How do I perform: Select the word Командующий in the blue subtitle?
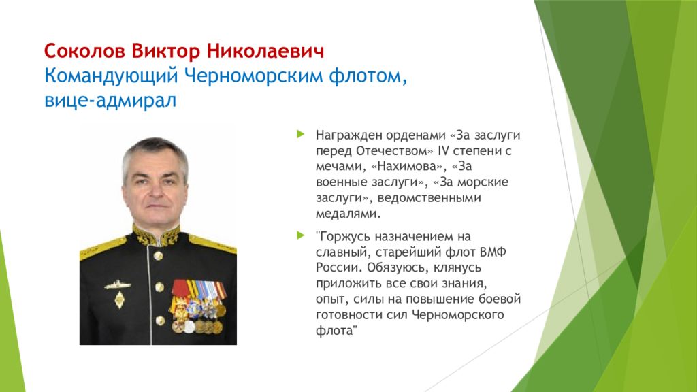pos(111,76)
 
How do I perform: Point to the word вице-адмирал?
pos(110,101)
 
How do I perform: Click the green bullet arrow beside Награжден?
pos(300,134)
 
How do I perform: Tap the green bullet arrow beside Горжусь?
pos(300,235)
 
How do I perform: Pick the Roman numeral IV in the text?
pos(443,150)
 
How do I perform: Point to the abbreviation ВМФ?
pos(493,252)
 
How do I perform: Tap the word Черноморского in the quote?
pos(458,315)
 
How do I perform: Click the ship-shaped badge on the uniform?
pos(117,284)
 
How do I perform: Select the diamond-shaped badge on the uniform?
pos(119,300)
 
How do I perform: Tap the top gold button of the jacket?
pos(158,256)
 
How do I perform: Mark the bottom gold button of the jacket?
pos(160,320)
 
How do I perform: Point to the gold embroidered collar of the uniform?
pos(156,236)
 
